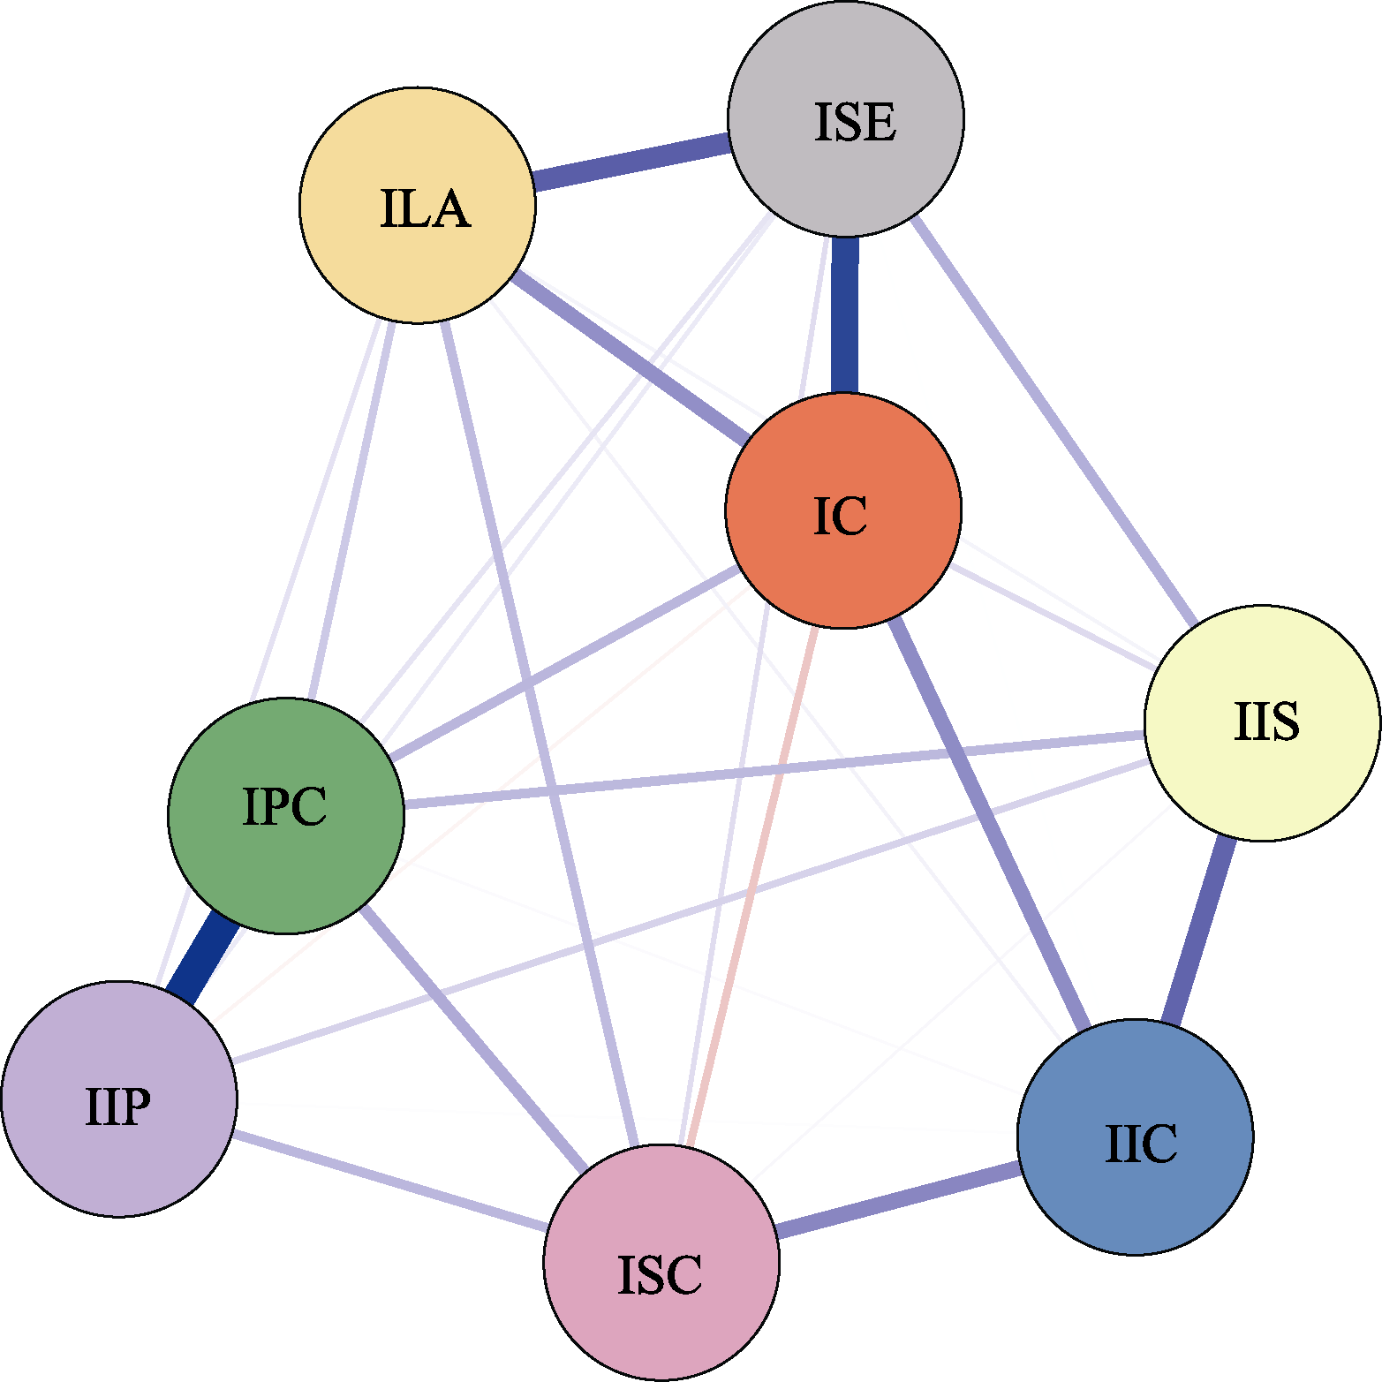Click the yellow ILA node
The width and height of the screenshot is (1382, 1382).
418,205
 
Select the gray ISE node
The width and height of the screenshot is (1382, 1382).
845,118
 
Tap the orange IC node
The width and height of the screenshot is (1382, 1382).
842,510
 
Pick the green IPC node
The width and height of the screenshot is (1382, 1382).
286,815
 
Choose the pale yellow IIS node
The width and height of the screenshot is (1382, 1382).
1262,722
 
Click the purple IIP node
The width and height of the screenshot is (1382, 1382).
119,1099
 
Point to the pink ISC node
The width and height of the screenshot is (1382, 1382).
661,1262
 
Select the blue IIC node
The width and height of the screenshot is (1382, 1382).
1135,1137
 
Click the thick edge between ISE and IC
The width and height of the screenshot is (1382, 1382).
844,314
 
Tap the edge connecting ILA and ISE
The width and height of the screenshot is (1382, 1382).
631,161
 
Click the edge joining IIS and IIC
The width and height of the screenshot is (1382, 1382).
1199,929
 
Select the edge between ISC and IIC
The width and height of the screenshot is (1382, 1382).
898,1199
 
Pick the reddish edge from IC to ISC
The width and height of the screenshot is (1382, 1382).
751,887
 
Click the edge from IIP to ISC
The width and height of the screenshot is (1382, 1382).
389,1182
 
